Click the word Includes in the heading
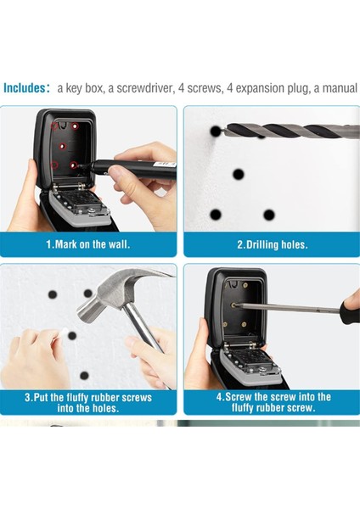[25, 87]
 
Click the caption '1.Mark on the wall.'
[88, 244]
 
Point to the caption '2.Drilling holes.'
[272, 244]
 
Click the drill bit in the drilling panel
[290, 131]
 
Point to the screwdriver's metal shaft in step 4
[287, 308]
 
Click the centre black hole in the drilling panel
[239, 174]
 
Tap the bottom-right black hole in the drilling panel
[268, 215]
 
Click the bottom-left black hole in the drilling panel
[216, 215]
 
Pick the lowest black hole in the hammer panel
[84, 376]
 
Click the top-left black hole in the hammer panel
[53, 294]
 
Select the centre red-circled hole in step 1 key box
[63, 147]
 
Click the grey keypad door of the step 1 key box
[79, 209]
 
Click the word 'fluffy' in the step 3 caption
[77, 397]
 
